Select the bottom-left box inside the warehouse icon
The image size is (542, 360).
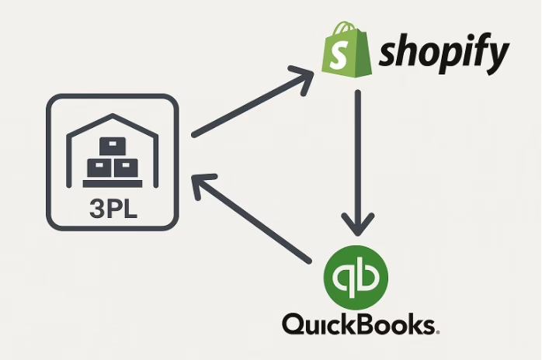pyautogui.click(x=99, y=168)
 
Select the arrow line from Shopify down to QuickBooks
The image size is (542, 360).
pyautogui.click(x=358, y=155)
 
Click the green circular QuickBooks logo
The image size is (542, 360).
pyautogui.click(x=356, y=276)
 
